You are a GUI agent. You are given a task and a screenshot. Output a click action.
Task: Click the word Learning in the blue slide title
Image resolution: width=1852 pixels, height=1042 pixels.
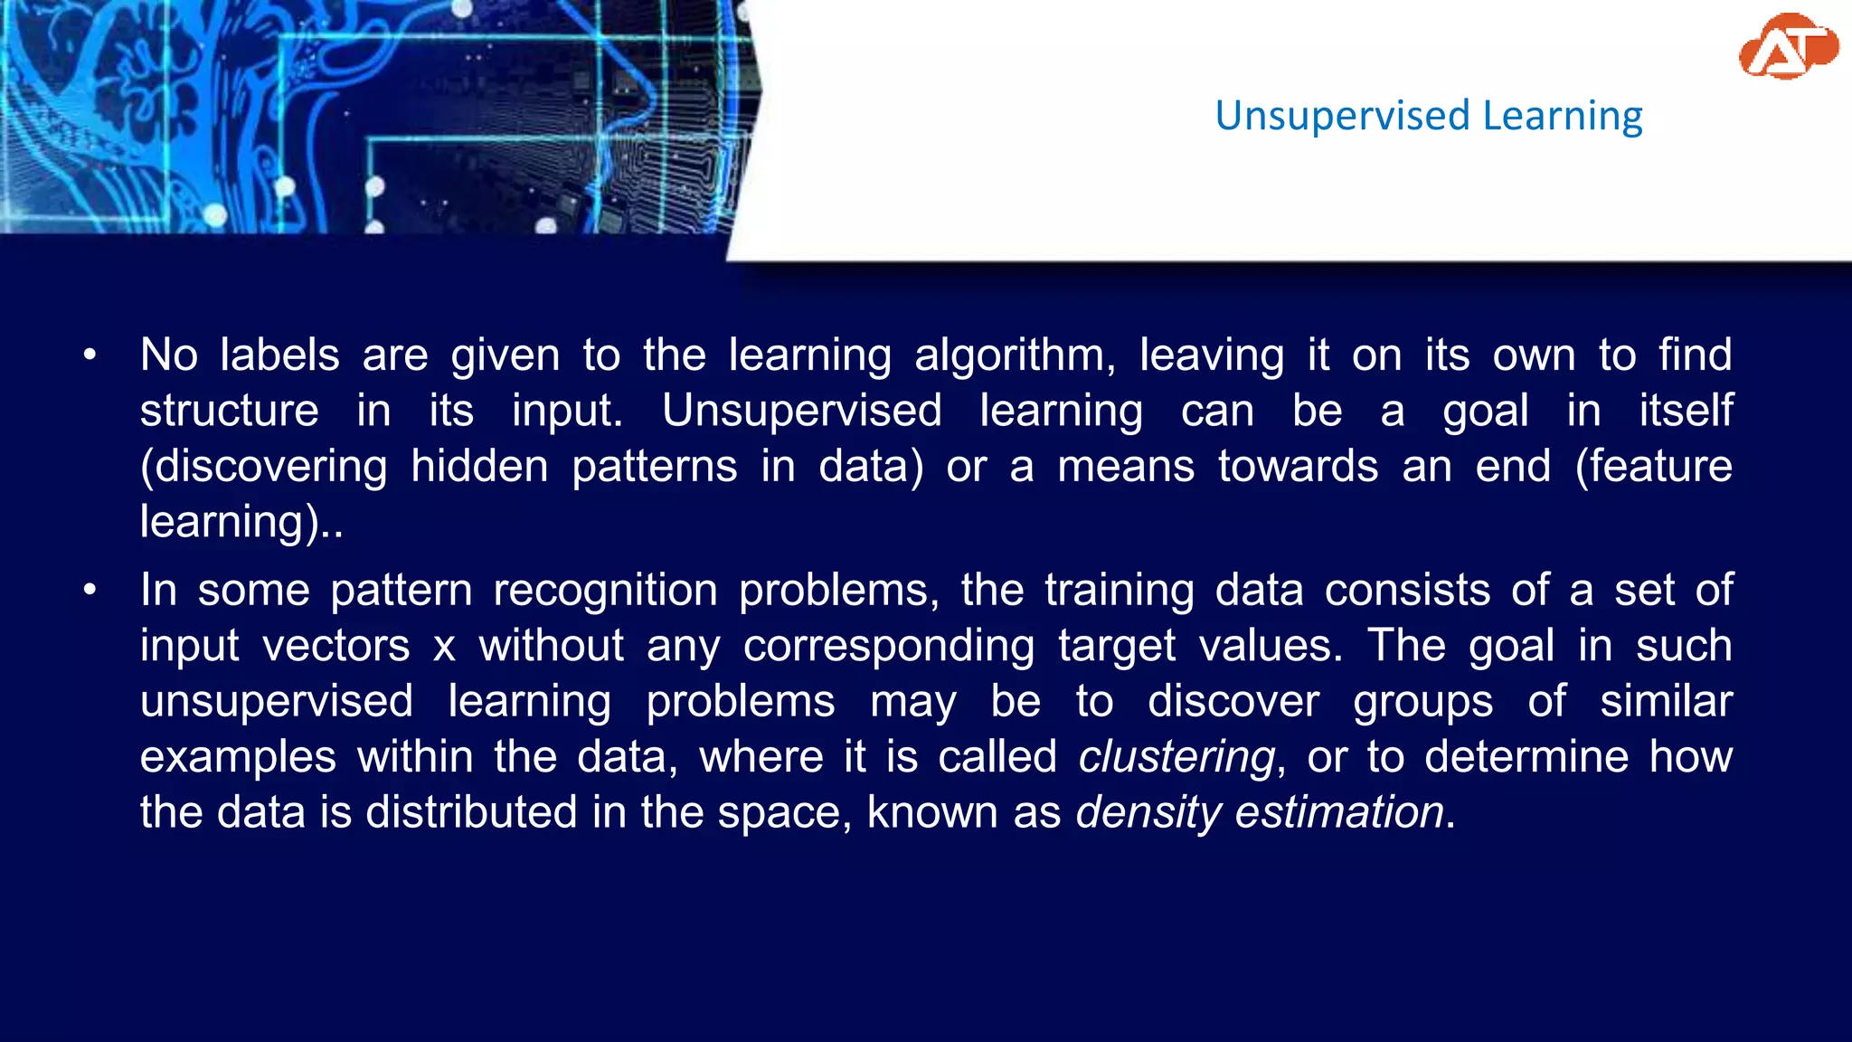[x=1562, y=117]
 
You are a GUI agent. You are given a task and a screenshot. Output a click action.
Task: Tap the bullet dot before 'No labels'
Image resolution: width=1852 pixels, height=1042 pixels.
[x=90, y=355]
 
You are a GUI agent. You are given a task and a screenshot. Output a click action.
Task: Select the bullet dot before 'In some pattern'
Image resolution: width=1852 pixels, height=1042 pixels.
[x=90, y=591]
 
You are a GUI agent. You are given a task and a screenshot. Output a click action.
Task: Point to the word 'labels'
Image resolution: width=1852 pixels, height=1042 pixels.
[x=279, y=355]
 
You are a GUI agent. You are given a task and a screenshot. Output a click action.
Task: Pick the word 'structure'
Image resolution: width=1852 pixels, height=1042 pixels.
[x=230, y=412]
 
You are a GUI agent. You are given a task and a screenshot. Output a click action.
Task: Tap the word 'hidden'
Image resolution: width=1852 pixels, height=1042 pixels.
[x=479, y=467]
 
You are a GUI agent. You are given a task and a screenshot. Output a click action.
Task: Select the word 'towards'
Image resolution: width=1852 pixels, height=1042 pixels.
[x=1298, y=467]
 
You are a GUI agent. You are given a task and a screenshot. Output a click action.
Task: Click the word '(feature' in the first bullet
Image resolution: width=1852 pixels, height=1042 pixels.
[x=1653, y=467]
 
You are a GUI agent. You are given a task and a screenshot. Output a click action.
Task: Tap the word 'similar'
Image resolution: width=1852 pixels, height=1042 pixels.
[x=1666, y=702]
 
